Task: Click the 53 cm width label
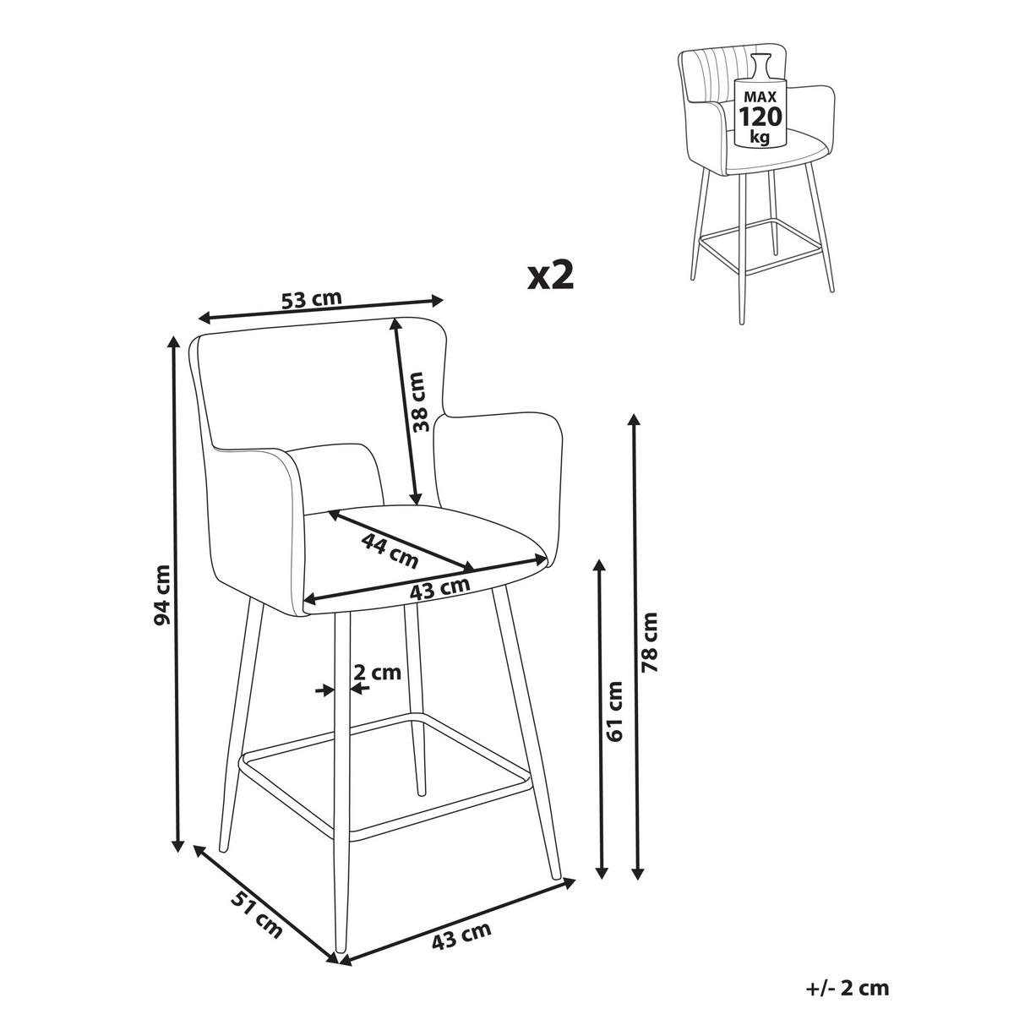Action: [x=312, y=299]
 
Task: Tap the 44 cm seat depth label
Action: [x=390, y=550]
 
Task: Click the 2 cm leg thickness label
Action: [x=377, y=672]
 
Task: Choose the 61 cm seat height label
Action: [x=614, y=711]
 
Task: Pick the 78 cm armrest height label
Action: [x=651, y=642]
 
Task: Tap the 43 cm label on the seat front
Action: [x=439, y=589]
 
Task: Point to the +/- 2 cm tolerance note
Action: [x=848, y=987]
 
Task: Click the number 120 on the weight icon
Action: [x=760, y=117]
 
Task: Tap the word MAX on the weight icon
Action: [x=760, y=97]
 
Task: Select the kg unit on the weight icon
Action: [x=760, y=138]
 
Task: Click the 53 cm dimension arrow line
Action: [x=321, y=309]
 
